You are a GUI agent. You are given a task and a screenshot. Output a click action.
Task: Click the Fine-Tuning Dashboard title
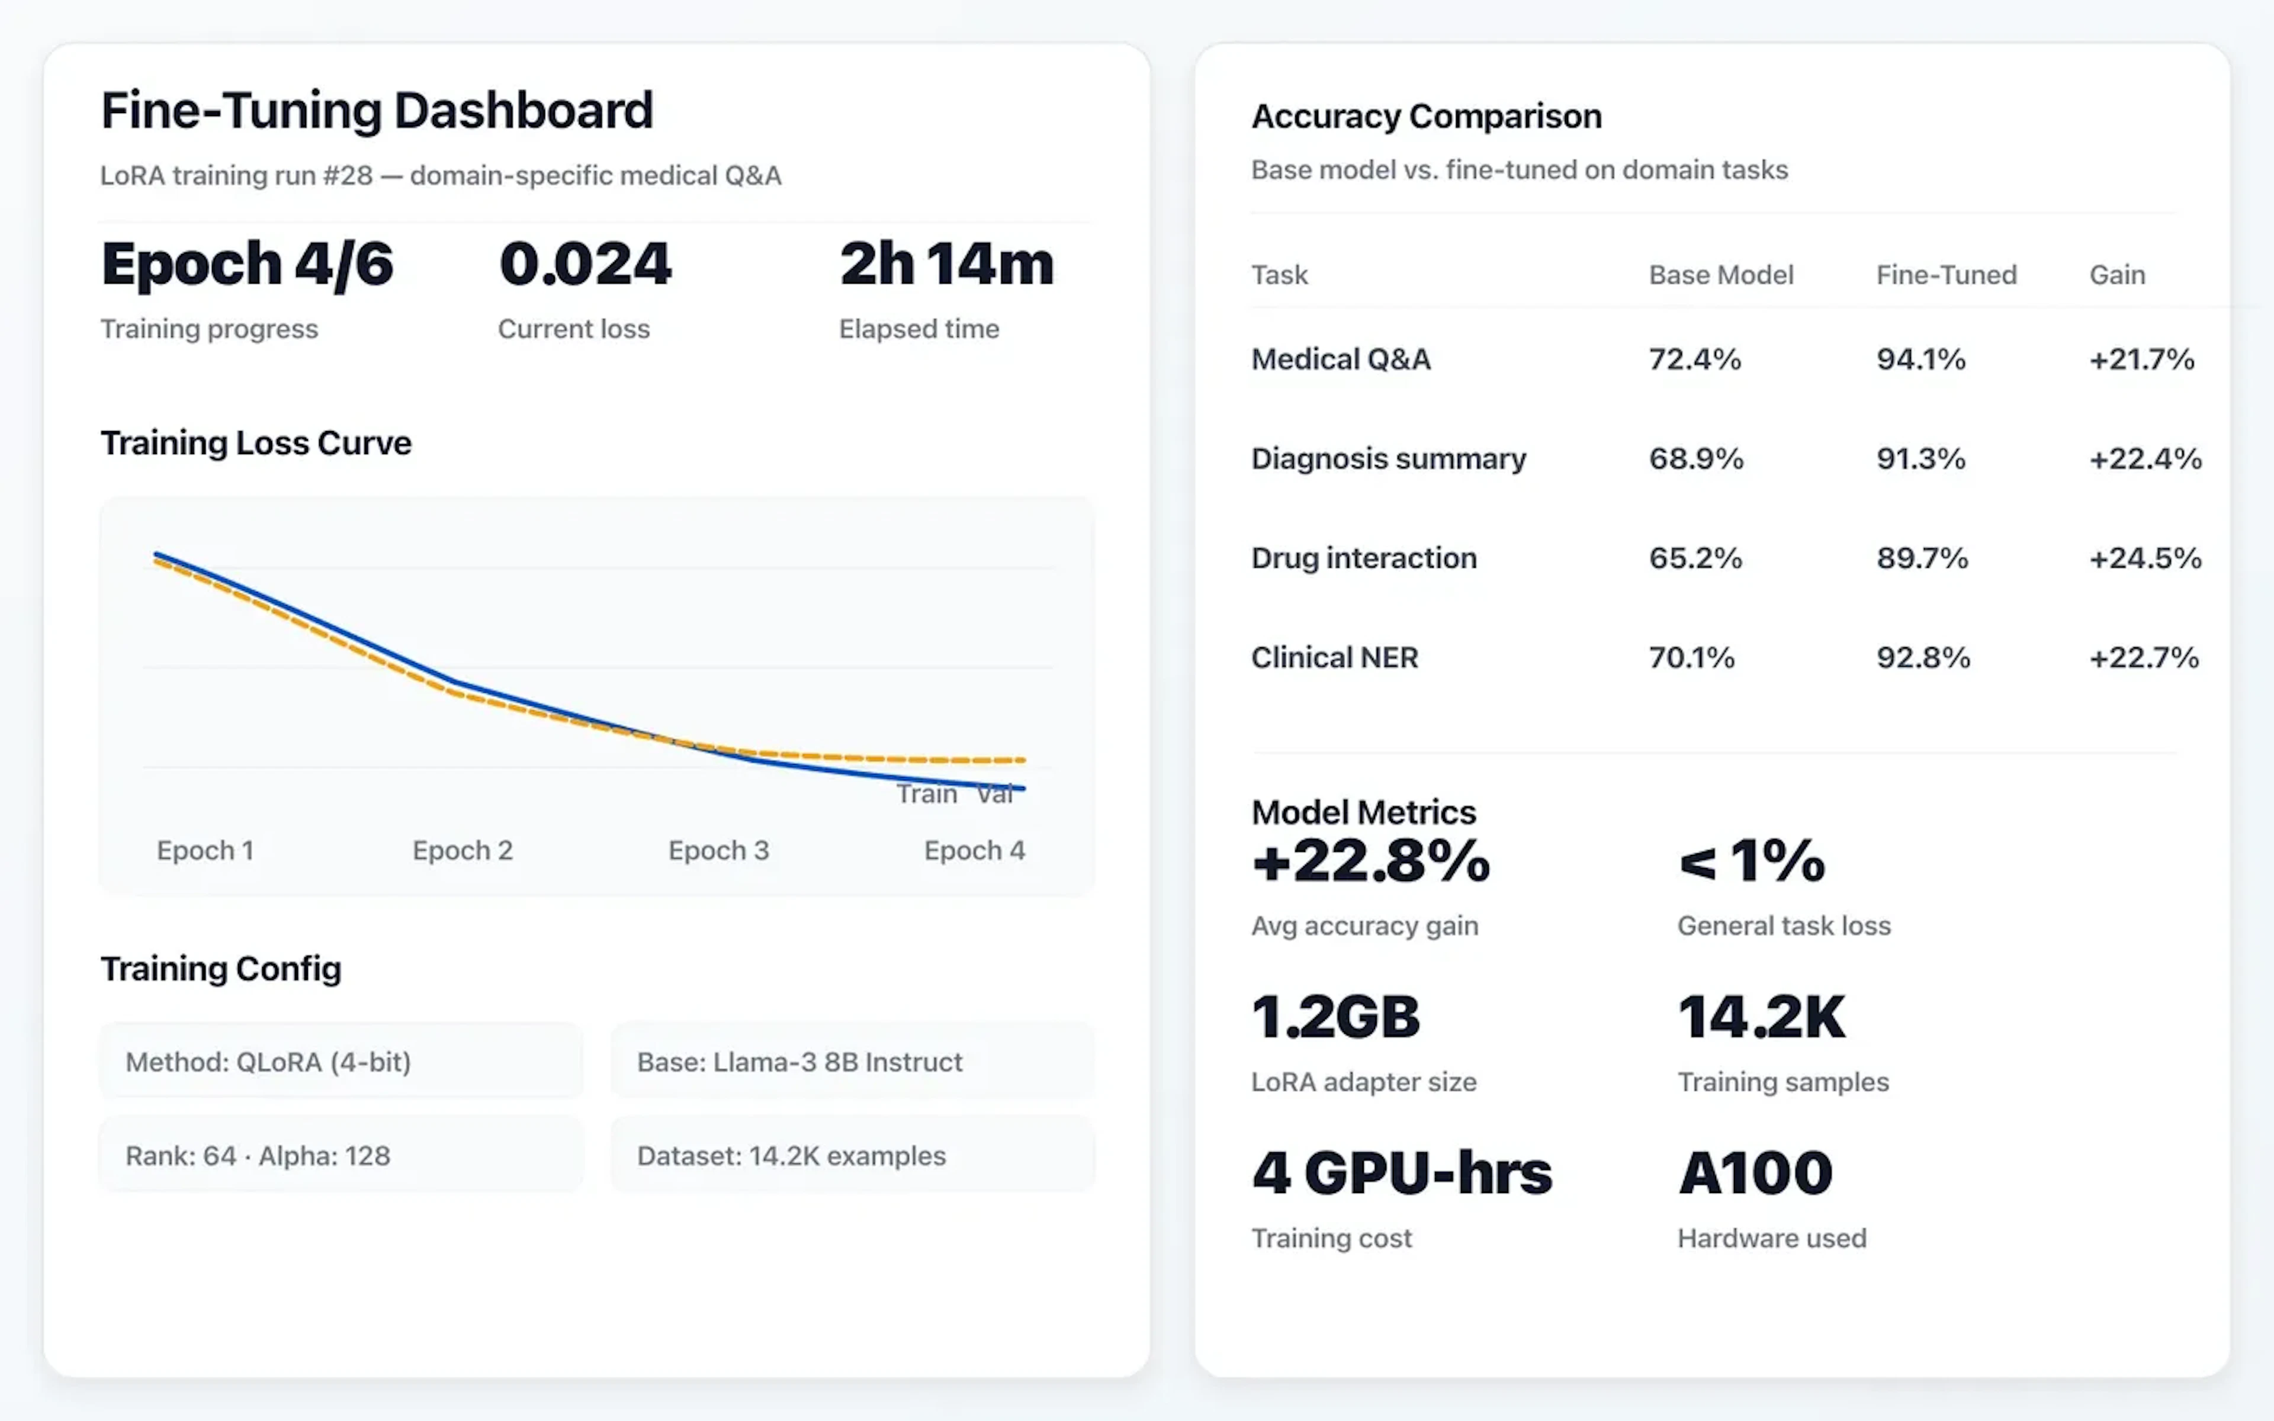tap(376, 111)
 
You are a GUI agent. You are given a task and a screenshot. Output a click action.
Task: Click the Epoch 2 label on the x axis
tap(462, 851)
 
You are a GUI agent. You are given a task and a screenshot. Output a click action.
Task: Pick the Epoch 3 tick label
tap(718, 851)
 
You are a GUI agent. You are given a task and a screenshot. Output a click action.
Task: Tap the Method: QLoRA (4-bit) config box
tap(341, 1062)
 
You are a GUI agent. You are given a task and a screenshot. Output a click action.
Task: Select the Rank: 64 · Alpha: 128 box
tap(341, 1155)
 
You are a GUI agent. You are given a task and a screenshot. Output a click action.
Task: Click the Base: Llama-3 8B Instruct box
tap(852, 1062)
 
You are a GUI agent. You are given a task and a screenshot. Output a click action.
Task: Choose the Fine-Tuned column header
tap(1946, 275)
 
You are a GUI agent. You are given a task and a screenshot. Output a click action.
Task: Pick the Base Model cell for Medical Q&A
tap(1694, 359)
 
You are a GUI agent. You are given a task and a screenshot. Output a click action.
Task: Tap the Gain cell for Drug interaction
tap(2144, 558)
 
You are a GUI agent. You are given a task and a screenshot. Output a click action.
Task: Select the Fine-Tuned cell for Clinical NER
tap(1923, 658)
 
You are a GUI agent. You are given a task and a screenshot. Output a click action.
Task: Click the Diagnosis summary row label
tap(1388, 459)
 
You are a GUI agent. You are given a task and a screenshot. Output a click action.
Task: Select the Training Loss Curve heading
tap(256, 443)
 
